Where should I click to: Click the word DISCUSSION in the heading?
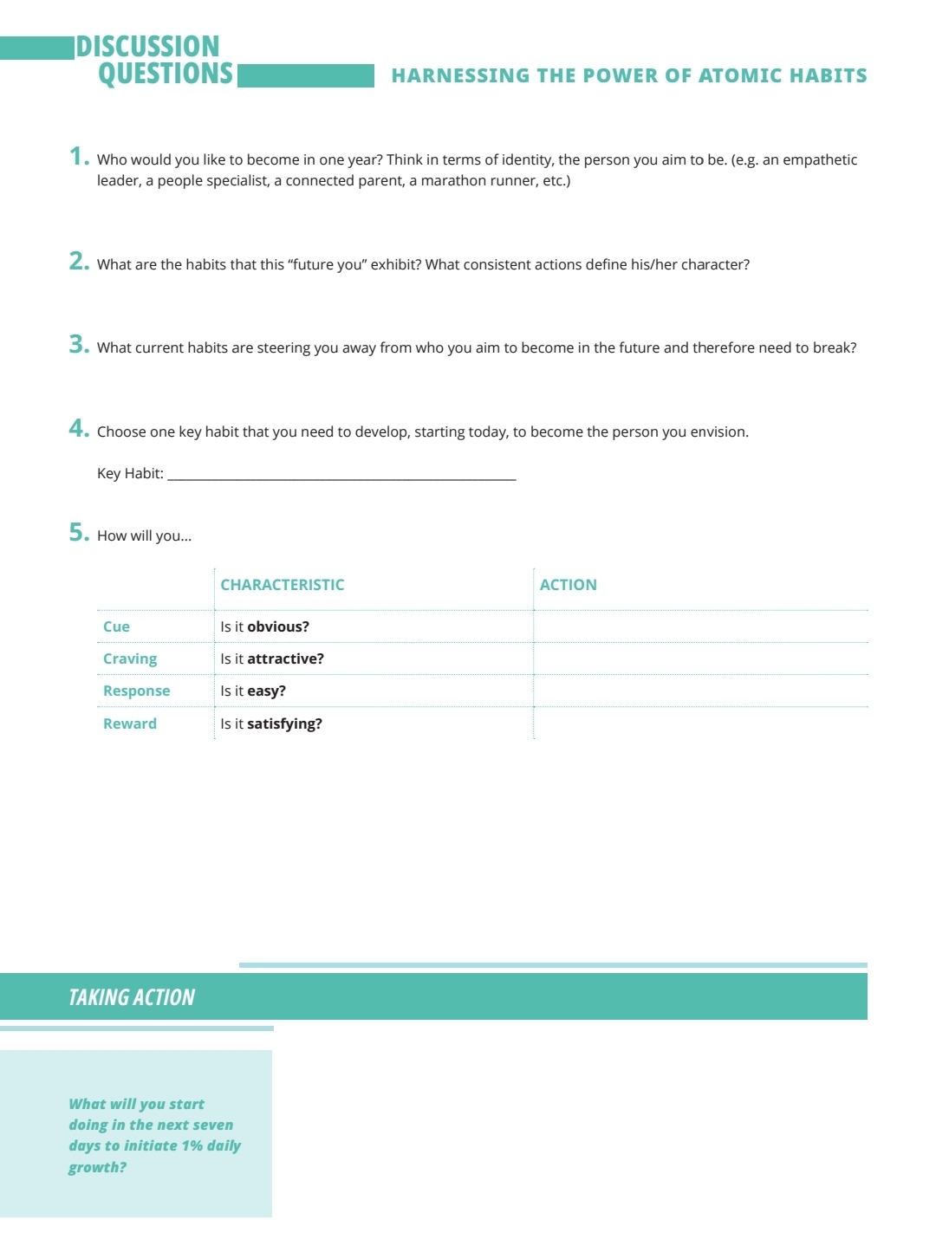[147, 46]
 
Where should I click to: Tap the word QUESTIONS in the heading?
[166, 74]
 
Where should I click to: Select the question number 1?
[78, 156]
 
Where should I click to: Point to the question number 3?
[78, 344]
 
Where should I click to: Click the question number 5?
[78, 532]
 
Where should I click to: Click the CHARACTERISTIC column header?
[282, 585]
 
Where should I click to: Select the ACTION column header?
[568, 585]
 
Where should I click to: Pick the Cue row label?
[116, 626]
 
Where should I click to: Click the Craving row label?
[130, 658]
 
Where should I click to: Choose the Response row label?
[136, 691]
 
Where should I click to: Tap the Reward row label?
[130, 723]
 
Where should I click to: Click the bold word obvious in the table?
[277, 626]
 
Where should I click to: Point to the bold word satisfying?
[284, 723]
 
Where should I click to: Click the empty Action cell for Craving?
[700, 658]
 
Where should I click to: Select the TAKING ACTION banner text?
[132, 997]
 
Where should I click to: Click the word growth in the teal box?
[95, 1167]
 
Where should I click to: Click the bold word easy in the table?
[265, 691]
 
